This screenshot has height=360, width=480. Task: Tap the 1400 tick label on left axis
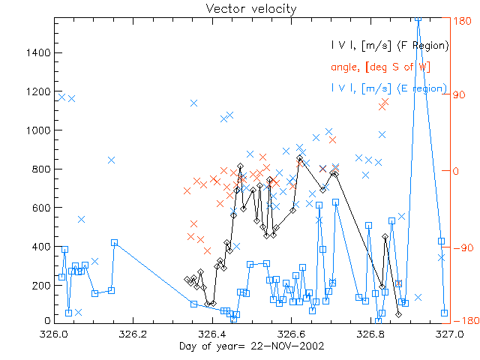[x=38, y=52]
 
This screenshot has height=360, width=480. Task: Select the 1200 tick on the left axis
[x=38, y=91]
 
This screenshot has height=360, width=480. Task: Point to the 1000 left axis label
[x=38, y=130]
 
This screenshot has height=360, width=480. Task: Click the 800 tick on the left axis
[x=41, y=169]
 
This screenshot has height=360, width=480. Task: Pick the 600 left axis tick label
[x=41, y=207]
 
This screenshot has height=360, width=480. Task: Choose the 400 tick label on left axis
[x=41, y=246]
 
